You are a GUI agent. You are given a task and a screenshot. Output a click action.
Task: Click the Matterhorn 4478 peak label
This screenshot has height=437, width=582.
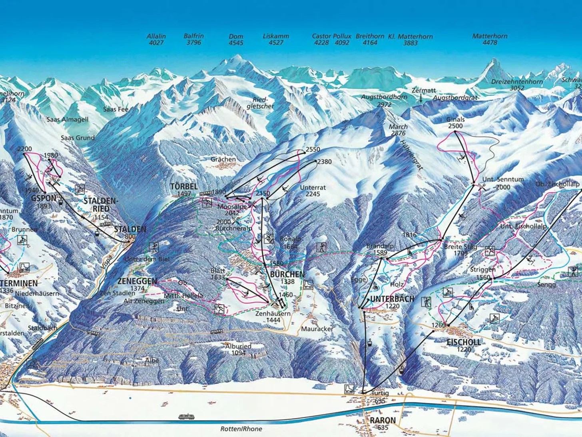point(490,39)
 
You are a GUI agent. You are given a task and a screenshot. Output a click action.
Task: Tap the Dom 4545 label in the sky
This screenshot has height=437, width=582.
point(236,39)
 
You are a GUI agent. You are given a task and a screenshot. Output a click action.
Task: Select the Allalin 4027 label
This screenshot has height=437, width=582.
point(156,39)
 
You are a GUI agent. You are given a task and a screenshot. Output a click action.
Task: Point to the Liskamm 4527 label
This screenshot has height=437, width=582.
point(276,39)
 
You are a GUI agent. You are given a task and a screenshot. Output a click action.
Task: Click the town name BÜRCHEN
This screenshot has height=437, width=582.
point(287,275)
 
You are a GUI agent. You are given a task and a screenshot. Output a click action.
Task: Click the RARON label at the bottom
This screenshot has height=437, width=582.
point(383,420)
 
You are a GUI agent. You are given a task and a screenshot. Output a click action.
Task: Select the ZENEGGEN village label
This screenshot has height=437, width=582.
point(137,281)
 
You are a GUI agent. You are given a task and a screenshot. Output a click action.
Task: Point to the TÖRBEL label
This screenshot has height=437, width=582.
point(184,186)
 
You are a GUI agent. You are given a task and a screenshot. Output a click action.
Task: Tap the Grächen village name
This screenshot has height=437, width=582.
point(223,159)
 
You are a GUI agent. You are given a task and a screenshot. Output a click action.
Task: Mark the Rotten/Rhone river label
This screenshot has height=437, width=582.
point(241,429)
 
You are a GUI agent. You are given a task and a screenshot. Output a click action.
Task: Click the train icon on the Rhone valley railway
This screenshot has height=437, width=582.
point(186,417)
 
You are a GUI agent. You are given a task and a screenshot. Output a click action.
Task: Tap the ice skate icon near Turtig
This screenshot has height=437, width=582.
point(349,389)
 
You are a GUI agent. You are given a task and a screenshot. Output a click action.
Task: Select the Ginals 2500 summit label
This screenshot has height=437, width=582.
point(456,122)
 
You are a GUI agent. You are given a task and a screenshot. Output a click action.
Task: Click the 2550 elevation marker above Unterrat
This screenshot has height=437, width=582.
point(313,150)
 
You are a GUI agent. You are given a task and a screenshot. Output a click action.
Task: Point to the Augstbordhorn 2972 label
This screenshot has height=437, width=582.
point(384,100)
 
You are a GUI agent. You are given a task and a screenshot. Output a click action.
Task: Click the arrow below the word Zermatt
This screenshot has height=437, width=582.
point(421,98)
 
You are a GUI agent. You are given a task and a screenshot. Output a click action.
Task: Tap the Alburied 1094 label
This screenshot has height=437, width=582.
point(238,349)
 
